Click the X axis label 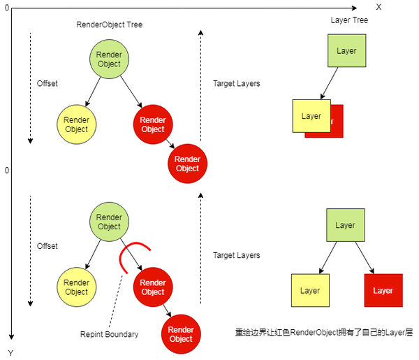click(378, 6)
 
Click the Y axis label click(10, 353)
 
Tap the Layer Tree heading click(348, 20)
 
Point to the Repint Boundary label click(109, 334)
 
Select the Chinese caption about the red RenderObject click(323, 333)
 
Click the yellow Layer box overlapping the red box click(311, 116)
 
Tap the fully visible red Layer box click(383, 291)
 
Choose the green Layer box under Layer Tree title click(346, 51)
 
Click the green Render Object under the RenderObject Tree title click(109, 59)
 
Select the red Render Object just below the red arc click(152, 287)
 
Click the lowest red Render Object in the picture click(181, 334)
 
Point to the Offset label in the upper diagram click(47, 83)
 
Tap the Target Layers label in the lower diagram click(236, 256)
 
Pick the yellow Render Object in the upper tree click(76, 124)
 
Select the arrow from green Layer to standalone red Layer click(363, 258)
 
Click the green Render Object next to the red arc click(109, 222)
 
